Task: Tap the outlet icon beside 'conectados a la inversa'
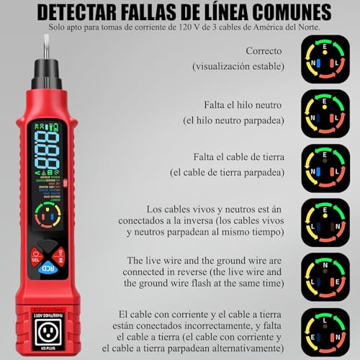(325, 222)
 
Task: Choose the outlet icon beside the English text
(325, 276)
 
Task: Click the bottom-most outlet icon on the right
(325, 332)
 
